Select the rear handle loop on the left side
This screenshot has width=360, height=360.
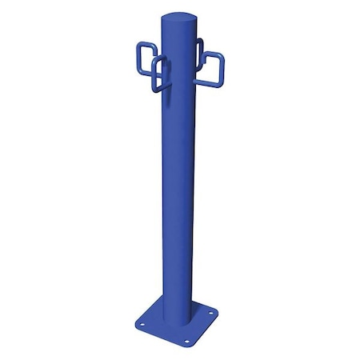pyautogui.click(x=145, y=56)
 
